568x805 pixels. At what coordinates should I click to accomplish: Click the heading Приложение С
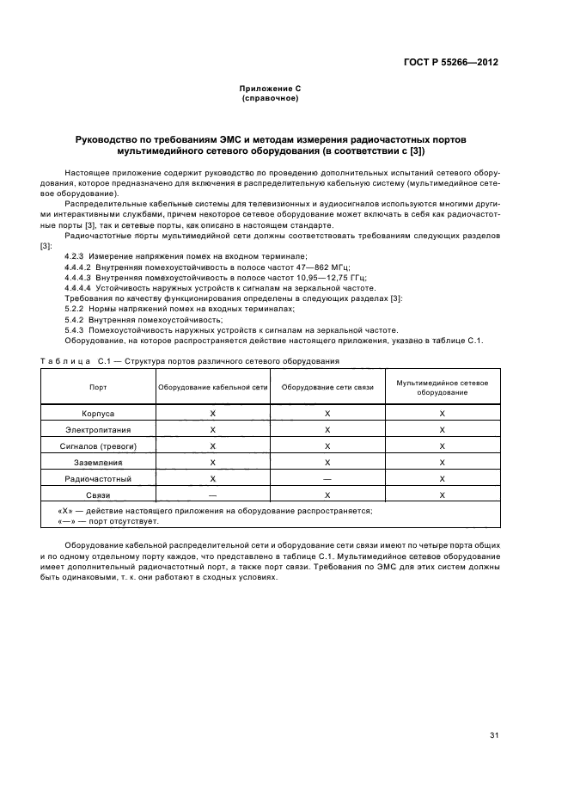[x=270, y=89]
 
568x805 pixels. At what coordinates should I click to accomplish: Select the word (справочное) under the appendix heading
[x=270, y=98]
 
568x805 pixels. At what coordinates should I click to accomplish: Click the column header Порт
[x=98, y=387]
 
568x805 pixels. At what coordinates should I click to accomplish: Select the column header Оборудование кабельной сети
[x=212, y=387]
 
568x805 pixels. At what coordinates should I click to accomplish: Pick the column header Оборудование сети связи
[x=327, y=387]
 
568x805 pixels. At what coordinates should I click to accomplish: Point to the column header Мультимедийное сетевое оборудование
[x=442, y=387]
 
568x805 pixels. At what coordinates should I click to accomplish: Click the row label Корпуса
[x=98, y=413]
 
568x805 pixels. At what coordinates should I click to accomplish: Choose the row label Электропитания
[x=98, y=429]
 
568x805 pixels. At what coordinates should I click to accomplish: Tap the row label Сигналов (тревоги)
[x=98, y=446]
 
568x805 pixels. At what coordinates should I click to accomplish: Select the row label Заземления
[x=98, y=462]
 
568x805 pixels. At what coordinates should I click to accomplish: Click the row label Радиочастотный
[x=98, y=478]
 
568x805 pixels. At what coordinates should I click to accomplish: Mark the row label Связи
[x=98, y=495]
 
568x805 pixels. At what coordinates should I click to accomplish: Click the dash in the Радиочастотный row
[x=327, y=478]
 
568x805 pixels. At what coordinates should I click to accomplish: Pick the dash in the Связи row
[x=212, y=495]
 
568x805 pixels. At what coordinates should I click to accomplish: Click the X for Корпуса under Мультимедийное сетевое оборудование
[x=442, y=413]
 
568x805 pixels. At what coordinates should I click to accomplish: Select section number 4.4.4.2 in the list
[x=80, y=267]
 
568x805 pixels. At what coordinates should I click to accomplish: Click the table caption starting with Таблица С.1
[x=189, y=360]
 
